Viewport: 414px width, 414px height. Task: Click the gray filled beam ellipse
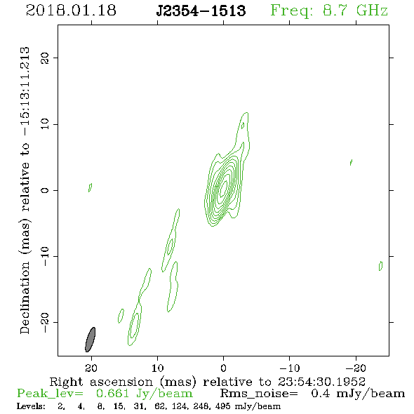[91, 340]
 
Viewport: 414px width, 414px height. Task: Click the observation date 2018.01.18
[71, 11]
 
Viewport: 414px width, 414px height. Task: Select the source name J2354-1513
[201, 11]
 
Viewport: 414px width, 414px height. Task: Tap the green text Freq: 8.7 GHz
[329, 11]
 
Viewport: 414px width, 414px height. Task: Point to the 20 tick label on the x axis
[91, 368]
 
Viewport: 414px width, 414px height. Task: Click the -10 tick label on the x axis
[289, 368]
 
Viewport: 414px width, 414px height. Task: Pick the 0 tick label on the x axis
[223, 368]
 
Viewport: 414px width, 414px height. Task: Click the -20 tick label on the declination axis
[45, 322]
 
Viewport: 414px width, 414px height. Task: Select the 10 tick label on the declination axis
[45, 124]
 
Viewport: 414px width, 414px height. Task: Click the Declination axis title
[25, 190]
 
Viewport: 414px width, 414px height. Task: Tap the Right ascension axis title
[208, 382]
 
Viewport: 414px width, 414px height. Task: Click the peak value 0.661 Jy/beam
[144, 394]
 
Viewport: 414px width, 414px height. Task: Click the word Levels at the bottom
[31, 406]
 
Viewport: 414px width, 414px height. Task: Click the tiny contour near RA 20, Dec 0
[90, 187]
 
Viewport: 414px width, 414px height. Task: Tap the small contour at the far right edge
[380, 266]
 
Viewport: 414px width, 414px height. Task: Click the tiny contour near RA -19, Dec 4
[351, 162]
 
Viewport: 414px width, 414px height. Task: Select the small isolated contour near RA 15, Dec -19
[121, 316]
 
